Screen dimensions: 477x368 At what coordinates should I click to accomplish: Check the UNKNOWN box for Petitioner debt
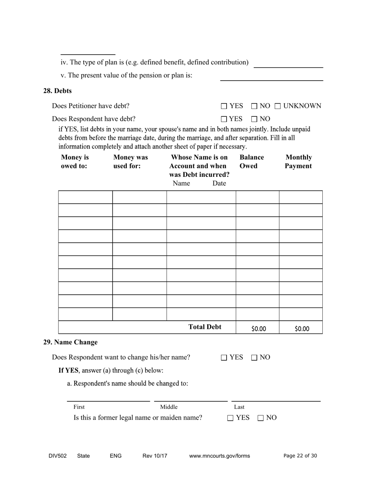coord(278,106)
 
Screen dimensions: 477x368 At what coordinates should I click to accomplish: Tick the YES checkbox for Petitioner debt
coord(224,106)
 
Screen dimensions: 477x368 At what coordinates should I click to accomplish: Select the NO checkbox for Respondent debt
coord(254,119)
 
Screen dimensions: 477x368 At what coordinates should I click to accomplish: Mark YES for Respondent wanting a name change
coord(224,358)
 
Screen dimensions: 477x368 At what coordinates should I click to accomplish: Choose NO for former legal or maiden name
coord(261,418)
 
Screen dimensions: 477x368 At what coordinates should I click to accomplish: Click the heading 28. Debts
coord(57,91)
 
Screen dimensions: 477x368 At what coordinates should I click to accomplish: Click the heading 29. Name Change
coord(70,342)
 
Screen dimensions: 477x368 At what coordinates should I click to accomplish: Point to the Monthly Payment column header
coord(298,162)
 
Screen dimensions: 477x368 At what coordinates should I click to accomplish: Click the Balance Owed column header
coord(251,162)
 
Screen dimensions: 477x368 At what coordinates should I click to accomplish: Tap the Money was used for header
coord(131,162)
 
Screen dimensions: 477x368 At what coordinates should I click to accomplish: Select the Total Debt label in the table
coord(205,327)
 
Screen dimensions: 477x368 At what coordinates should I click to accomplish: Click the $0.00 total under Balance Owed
coord(258,329)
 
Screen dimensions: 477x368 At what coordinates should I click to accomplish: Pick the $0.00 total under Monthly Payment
coord(302,329)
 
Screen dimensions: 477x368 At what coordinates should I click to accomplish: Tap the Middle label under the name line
coord(169,407)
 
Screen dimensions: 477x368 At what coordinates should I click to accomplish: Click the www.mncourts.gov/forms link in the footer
coord(219,456)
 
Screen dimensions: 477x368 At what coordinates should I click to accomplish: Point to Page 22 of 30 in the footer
coord(300,456)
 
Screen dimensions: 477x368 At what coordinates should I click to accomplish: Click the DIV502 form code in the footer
coord(58,456)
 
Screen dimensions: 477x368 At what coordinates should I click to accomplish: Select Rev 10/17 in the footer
coord(155,456)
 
